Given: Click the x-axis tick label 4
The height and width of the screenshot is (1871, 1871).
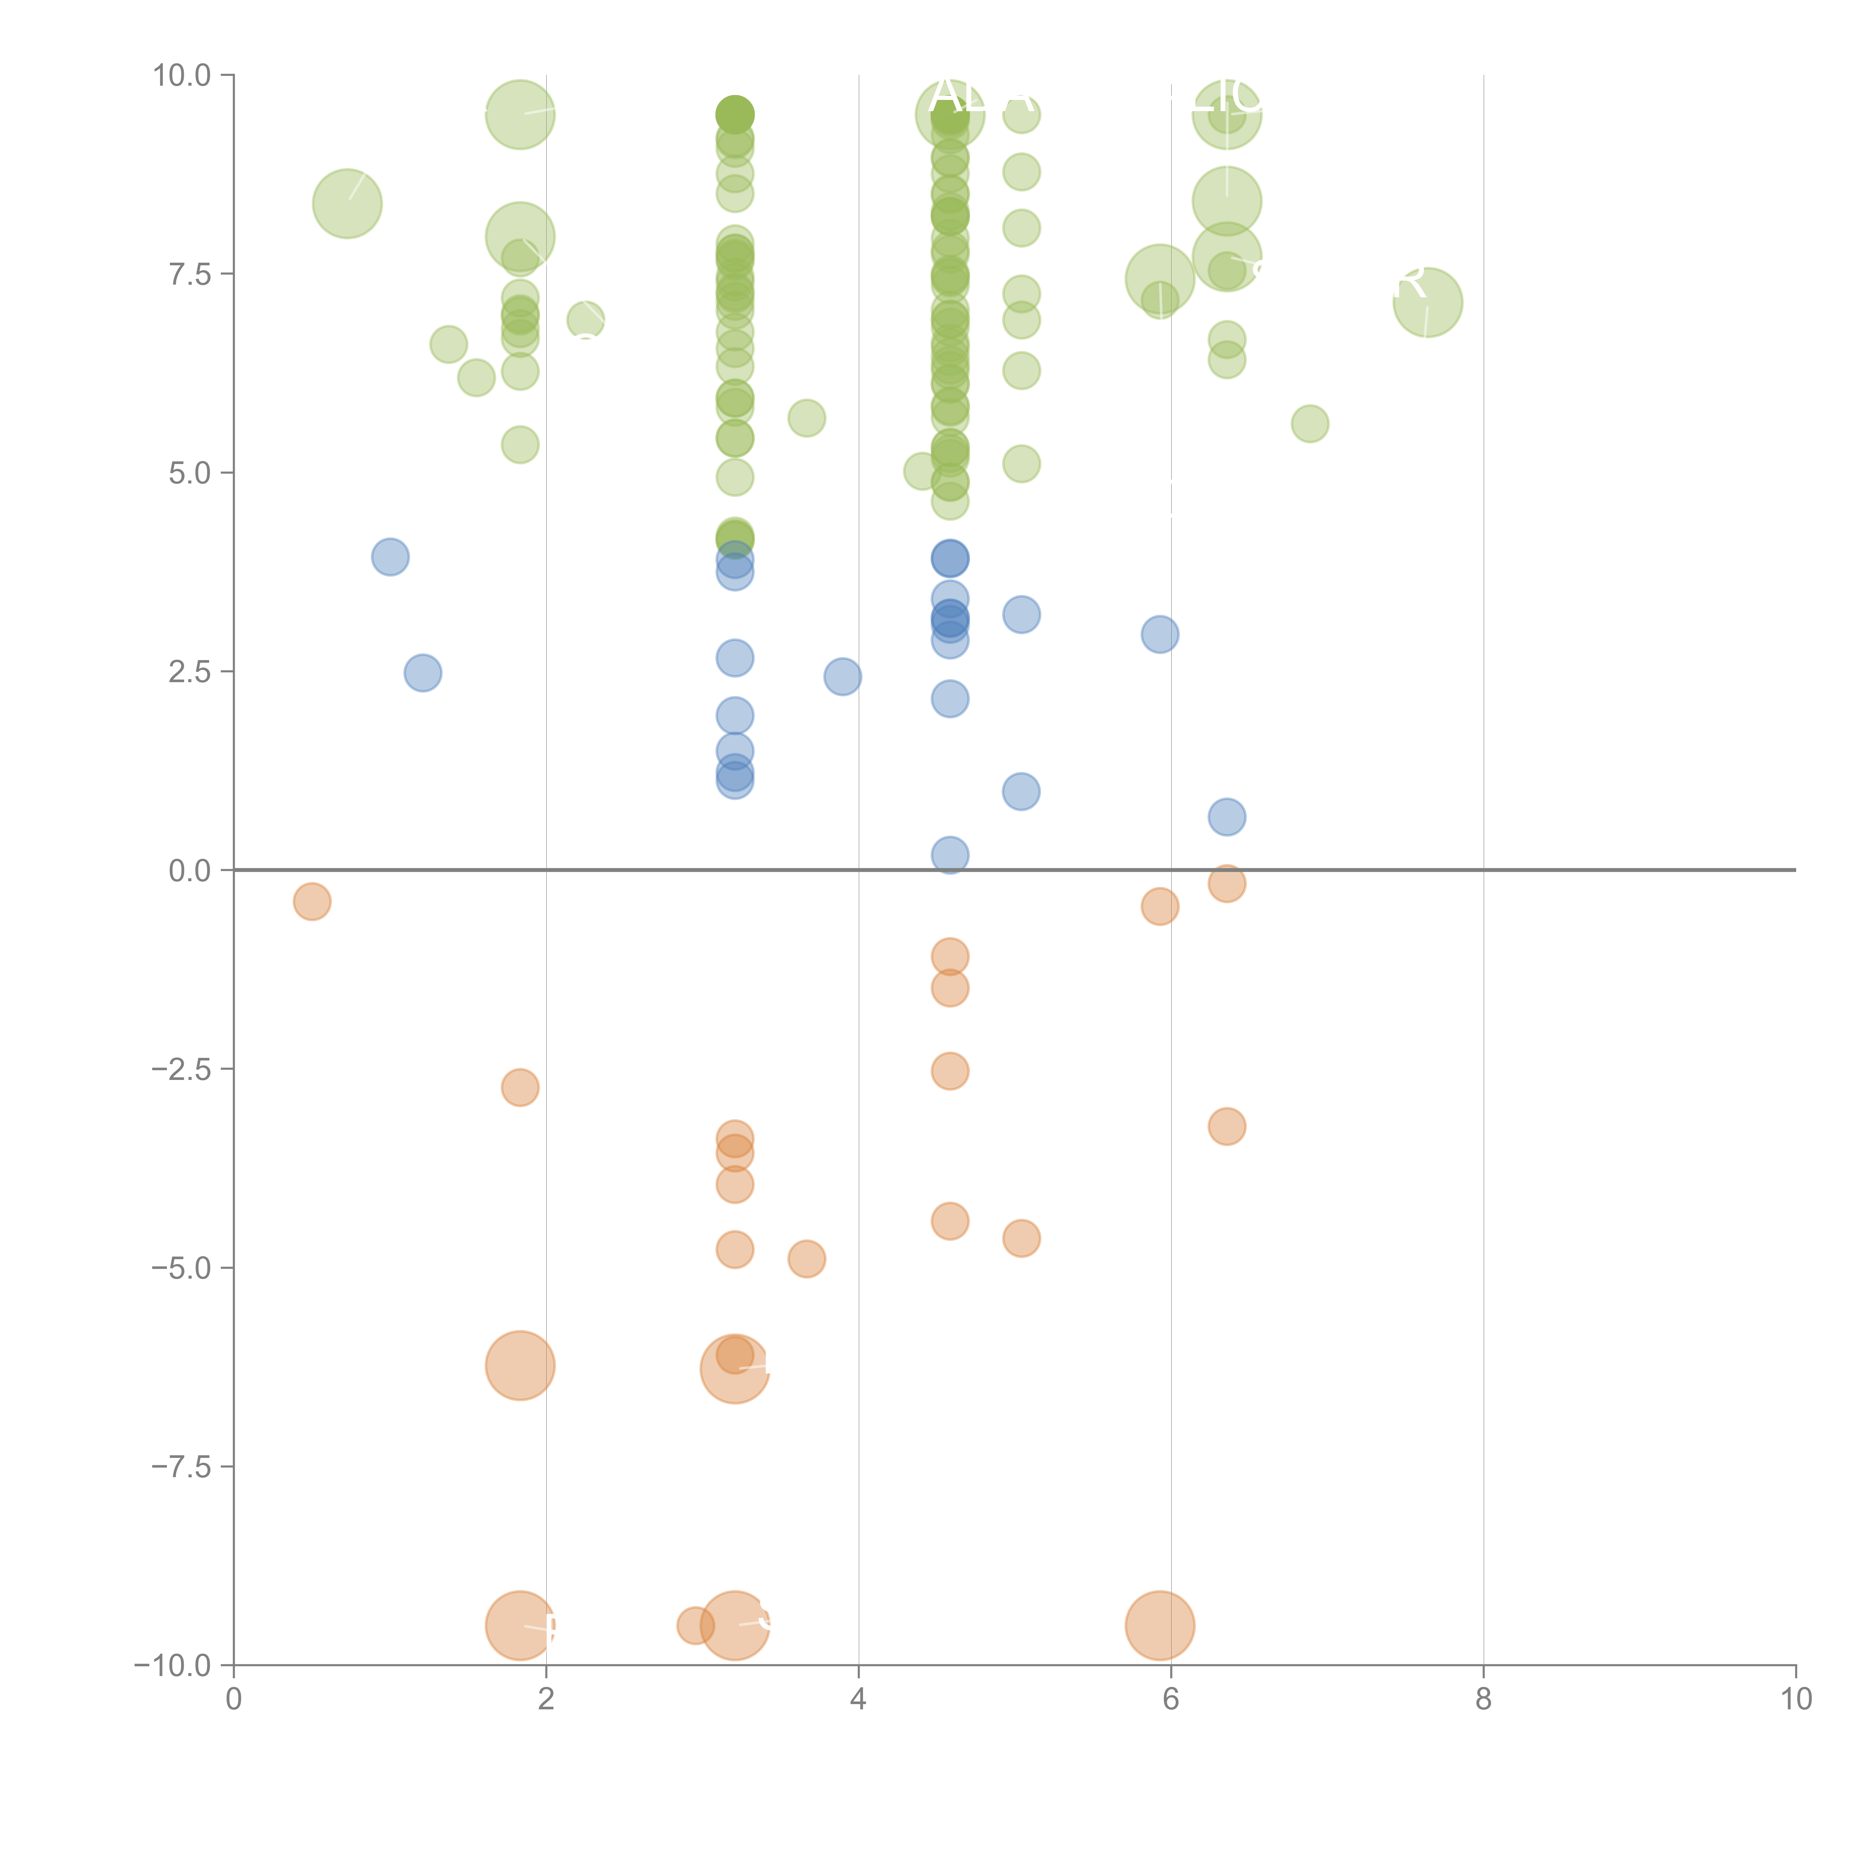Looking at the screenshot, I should (858, 1700).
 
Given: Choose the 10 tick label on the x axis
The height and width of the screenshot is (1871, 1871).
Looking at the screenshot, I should (1795, 1700).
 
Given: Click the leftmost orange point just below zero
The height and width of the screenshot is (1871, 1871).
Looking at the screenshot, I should (312, 901).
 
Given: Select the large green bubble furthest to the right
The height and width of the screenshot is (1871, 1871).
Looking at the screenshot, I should (1428, 302).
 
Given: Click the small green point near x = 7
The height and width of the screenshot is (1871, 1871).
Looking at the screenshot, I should (1309, 423).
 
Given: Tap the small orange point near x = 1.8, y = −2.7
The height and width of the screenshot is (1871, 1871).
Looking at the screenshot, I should (520, 1087).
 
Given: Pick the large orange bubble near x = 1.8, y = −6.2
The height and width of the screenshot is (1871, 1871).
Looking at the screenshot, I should (520, 1365).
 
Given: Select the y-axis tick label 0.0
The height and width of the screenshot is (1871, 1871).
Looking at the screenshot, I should (189, 871).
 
